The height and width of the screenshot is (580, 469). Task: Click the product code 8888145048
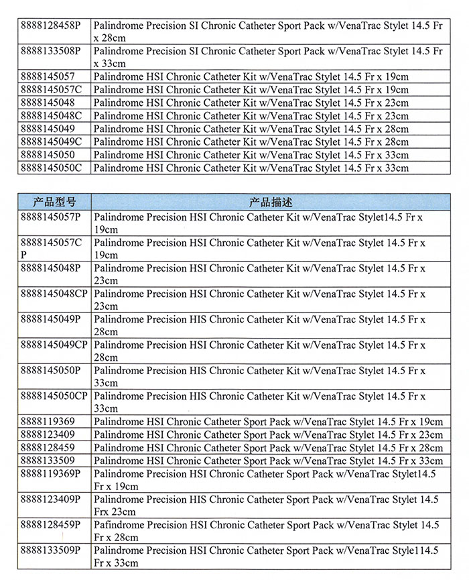48,103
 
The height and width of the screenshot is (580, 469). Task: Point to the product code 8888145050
48,154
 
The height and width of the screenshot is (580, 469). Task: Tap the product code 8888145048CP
54,294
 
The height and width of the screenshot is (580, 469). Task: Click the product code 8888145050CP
54,396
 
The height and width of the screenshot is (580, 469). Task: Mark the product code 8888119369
48,422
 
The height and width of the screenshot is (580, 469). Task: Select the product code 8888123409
48,434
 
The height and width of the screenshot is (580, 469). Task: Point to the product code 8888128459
48,447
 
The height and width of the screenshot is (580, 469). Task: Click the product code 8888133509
48,461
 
